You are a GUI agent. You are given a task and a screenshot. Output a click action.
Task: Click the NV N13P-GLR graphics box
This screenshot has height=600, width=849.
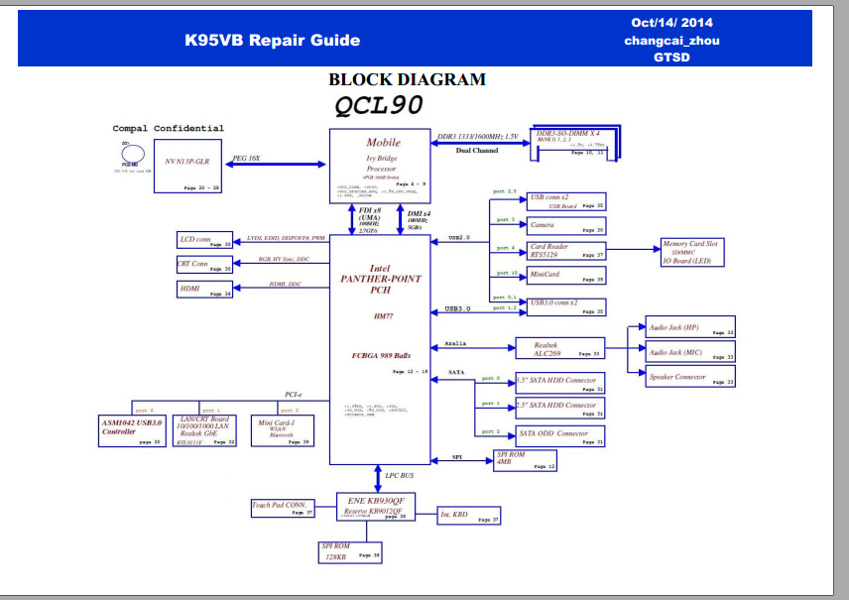(187, 167)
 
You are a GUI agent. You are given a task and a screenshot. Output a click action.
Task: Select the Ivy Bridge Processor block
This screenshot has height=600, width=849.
(382, 160)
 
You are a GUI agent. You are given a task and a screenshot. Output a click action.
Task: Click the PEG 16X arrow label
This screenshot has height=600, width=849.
(247, 158)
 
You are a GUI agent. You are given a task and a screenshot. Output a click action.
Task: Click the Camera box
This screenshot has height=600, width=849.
(565, 226)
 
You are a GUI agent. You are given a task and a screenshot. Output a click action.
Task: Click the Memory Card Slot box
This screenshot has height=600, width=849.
(692, 252)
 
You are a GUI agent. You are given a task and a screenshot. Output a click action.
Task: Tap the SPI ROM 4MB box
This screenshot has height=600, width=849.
(526, 460)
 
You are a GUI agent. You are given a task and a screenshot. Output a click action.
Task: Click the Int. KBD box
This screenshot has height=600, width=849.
(469, 515)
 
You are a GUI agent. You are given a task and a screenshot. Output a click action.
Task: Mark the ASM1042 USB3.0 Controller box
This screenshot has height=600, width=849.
(132, 428)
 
